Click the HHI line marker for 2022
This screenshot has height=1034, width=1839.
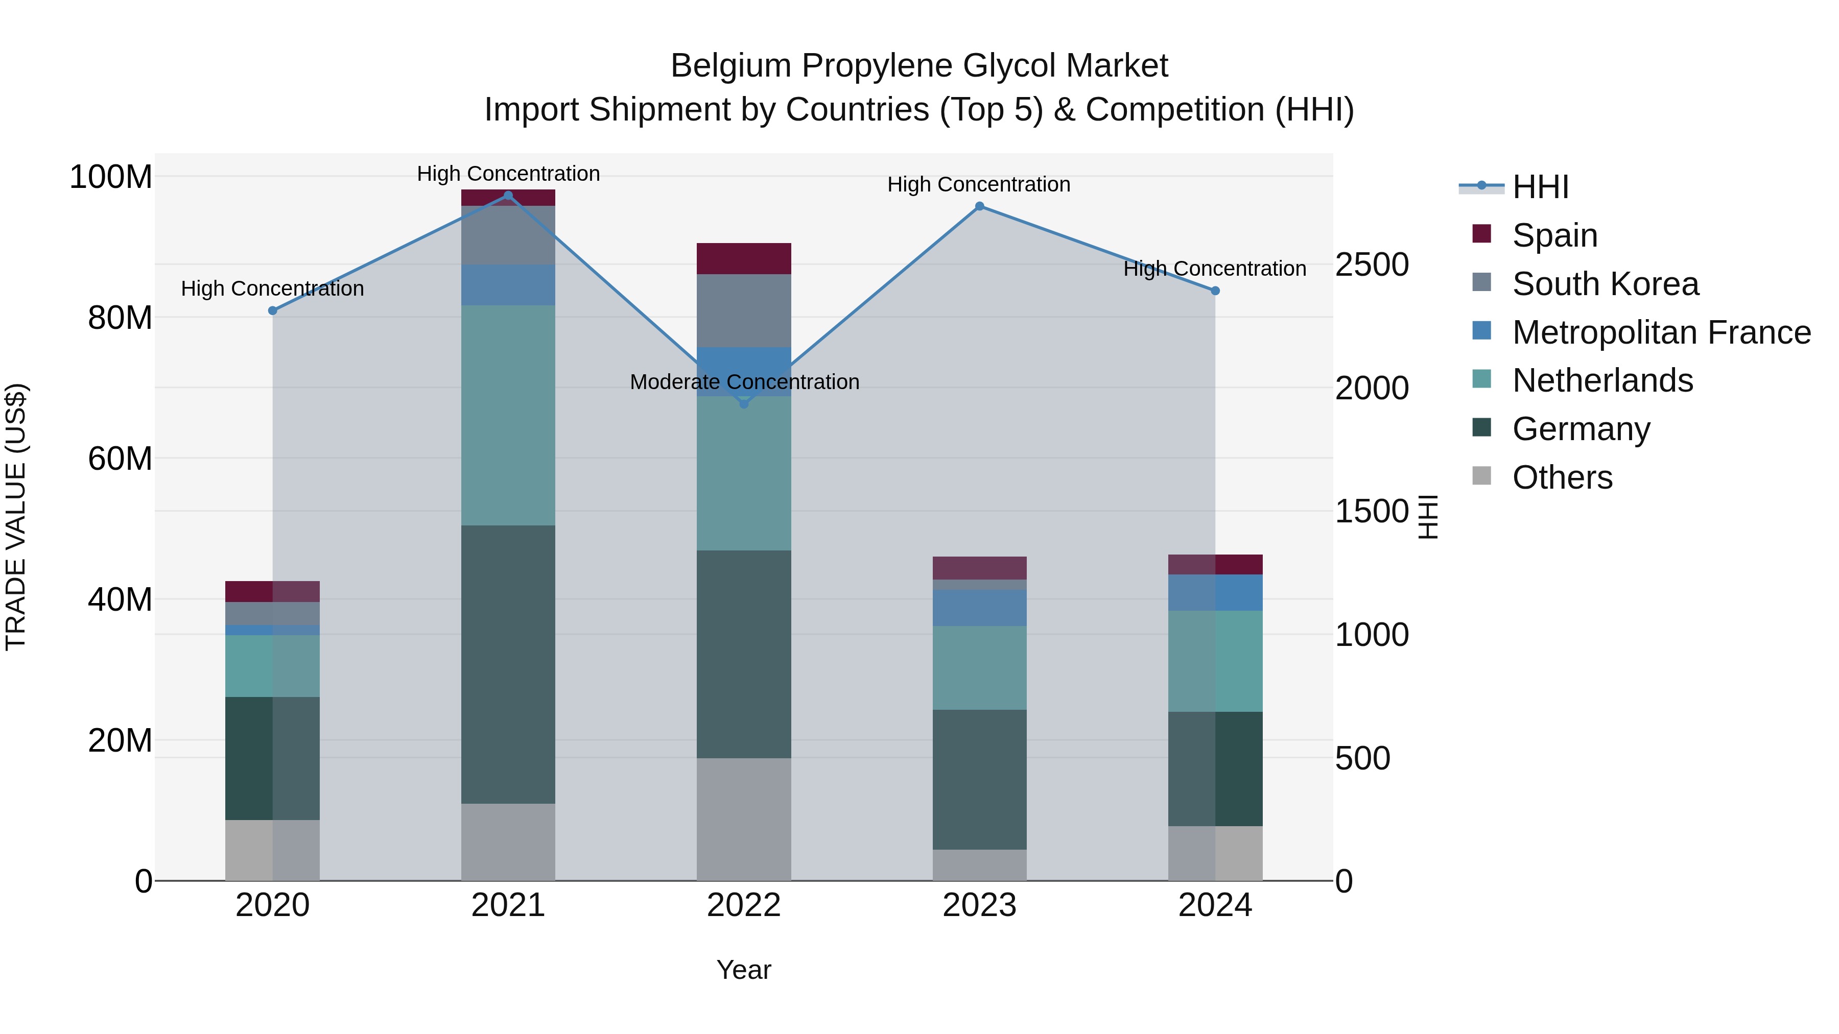click(x=744, y=404)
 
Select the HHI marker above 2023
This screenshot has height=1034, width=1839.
click(x=979, y=206)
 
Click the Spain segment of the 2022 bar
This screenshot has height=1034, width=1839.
click(x=744, y=258)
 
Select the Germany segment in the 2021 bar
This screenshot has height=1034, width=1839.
click(x=508, y=664)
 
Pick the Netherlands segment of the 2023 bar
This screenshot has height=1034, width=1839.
click(x=979, y=667)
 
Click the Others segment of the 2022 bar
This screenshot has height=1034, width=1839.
click(x=744, y=819)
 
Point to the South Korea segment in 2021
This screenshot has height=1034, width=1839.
click(x=508, y=235)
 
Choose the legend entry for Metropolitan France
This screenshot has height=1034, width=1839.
click(x=1661, y=332)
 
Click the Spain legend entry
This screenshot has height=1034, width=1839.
click(x=1554, y=235)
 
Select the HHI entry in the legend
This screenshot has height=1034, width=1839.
click(x=1540, y=187)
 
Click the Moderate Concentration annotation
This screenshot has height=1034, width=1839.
click(x=744, y=382)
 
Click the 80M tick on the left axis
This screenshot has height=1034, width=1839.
click(x=120, y=318)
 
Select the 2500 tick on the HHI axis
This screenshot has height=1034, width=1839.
click(x=1372, y=264)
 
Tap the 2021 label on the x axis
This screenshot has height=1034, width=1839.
click(x=508, y=905)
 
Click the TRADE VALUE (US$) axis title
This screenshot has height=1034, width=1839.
click(x=16, y=517)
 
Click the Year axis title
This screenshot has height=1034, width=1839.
click(x=744, y=970)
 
